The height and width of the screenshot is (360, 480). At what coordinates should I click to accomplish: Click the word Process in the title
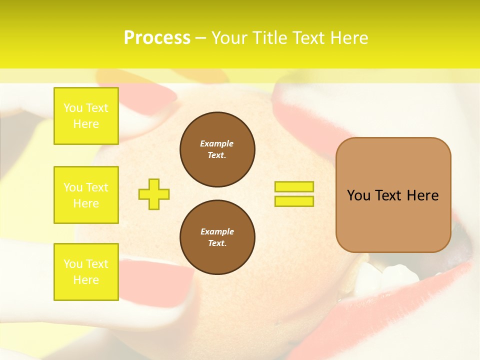(x=157, y=38)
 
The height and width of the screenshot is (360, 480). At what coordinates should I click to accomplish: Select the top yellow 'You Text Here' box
(x=86, y=116)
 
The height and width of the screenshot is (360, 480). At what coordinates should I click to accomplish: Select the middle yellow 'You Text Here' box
(x=86, y=195)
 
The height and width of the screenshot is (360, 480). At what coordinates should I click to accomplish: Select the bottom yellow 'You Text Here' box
(x=86, y=271)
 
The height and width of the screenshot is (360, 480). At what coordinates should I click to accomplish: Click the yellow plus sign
(x=154, y=194)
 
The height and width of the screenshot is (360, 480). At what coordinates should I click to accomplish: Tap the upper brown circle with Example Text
(x=217, y=149)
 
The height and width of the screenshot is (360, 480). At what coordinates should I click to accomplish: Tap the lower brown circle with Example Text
(x=217, y=237)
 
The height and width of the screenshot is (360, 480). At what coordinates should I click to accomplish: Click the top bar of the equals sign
(x=294, y=187)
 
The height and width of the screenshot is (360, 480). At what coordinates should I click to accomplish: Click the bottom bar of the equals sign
(x=294, y=201)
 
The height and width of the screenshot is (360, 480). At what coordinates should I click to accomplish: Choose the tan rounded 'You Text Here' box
(x=393, y=195)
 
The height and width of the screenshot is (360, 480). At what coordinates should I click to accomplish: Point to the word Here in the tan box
(x=422, y=195)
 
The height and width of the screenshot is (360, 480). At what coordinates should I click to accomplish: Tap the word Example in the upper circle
(x=217, y=143)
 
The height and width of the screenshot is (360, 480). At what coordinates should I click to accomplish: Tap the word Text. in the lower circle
(x=217, y=243)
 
